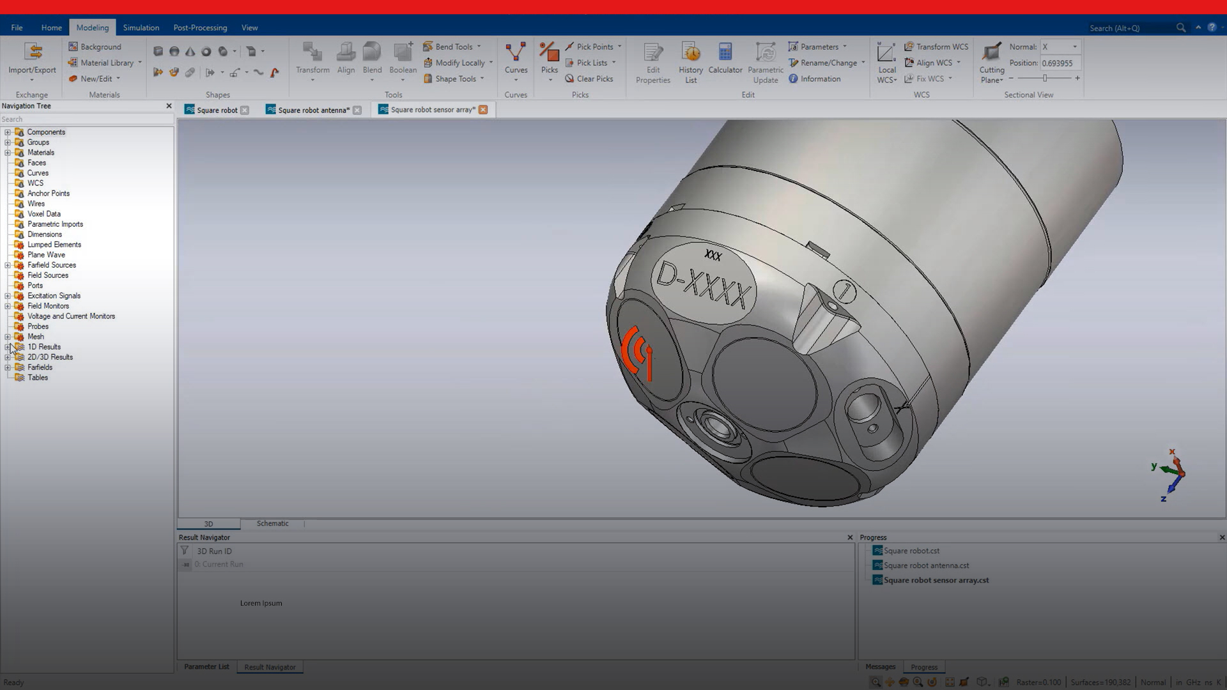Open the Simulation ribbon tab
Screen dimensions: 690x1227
[x=141, y=27]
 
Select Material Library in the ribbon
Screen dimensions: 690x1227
[x=106, y=63]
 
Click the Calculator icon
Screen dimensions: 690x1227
[x=725, y=52]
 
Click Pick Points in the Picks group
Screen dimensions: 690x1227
[x=594, y=47]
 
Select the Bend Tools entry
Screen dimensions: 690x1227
[x=453, y=47]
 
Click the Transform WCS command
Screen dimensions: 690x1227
[x=941, y=47]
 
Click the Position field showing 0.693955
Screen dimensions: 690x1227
[x=1060, y=63]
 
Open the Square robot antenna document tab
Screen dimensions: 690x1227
[x=313, y=110]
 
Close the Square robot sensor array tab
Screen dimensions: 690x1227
[x=483, y=110]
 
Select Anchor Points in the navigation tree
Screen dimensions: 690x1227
[x=49, y=194]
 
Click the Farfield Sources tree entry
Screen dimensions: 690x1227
[x=51, y=265]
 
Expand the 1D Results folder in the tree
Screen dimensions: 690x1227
[x=8, y=347]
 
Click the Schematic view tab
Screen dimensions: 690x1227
[x=272, y=523]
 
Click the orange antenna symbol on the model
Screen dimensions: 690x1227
[x=638, y=353]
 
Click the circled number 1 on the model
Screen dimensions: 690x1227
[x=844, y=292]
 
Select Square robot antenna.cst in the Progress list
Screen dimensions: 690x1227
[x=925, y=565]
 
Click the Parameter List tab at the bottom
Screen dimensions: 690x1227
[x=206, y=667]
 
